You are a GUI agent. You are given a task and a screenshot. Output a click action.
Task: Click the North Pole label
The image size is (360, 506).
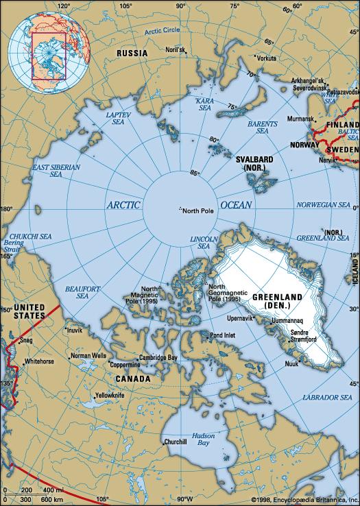[200, 210]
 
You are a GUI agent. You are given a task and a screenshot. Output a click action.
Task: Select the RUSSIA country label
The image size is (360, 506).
[132, 53]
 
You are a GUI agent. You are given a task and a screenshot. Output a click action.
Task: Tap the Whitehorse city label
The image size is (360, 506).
[39, 361]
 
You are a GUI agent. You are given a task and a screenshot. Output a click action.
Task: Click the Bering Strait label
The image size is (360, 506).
[13, 248]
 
